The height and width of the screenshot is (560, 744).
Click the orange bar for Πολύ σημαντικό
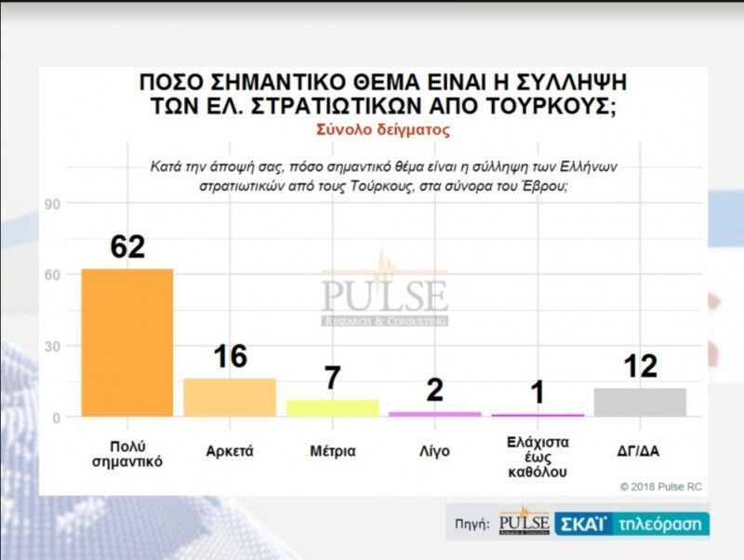point(127,342)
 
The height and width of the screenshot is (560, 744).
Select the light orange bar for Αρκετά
point(230,397)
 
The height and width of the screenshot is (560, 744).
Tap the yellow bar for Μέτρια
point(332,407)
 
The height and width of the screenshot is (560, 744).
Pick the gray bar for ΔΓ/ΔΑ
point(640,402)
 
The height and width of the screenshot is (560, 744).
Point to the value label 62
point(127,247)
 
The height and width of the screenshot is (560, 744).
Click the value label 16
point(230,356)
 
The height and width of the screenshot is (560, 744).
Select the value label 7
point(332,379)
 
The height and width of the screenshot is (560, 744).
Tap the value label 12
point(640,367)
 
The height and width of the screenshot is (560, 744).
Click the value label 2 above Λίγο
point(434,390)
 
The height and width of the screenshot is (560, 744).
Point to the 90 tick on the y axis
point(53,205)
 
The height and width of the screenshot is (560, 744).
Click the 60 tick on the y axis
point(53,275)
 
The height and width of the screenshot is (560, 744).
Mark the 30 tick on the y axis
point(53,346)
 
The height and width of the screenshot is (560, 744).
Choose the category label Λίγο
point(434,451)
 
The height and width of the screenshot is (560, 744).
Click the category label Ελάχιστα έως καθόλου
point(538,456)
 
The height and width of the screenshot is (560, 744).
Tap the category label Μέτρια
point(332,451)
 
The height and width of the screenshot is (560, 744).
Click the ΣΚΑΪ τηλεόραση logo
point(632,524)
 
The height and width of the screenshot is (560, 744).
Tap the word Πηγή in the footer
point(472,525)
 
